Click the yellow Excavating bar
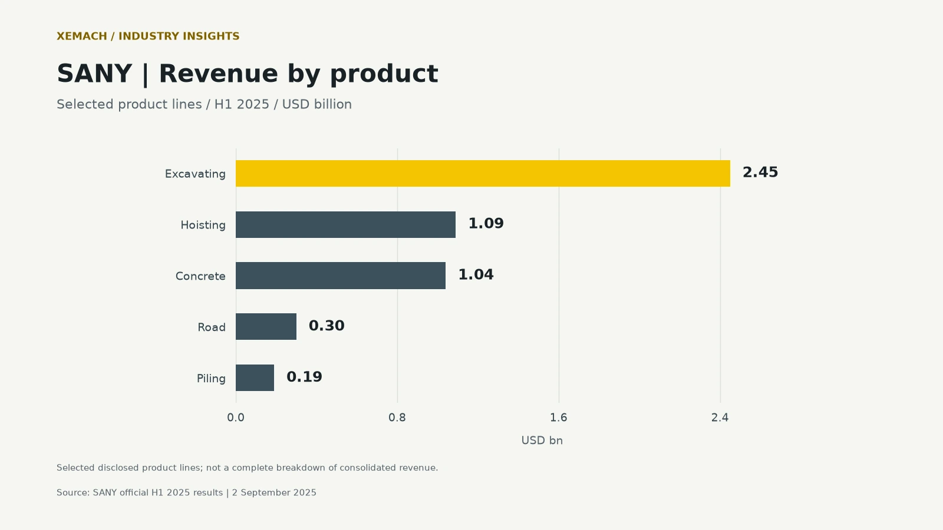point(483,173)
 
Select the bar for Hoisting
point(345,224)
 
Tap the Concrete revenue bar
point(341,276)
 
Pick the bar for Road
point(266,326)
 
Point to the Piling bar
point(255,377)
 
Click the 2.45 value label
point(760,173)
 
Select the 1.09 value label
point(486,223)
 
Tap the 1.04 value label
point(476,274)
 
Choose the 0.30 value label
point(327,326)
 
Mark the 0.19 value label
point(304,377)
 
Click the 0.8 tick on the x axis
point(397,418)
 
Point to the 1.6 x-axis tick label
point(559,418)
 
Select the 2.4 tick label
point(720,418)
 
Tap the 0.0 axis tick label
point(236,418)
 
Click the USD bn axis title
point(542,440)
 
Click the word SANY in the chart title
point(94,74)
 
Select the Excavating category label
point(195,174)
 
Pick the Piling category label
point(212,379)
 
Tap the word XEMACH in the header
point(82,36)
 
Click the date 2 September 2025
point(274,492)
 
